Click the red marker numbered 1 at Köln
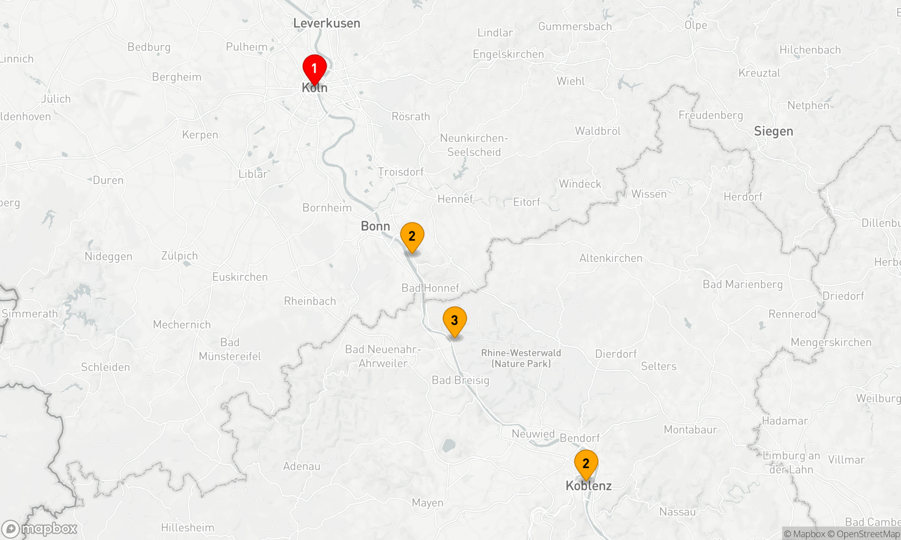314,69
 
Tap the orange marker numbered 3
455,321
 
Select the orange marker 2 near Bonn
412,236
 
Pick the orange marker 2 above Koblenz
586,463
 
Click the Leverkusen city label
327,23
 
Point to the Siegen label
774,131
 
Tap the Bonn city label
375,226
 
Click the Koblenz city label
589,486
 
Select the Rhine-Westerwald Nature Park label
521,358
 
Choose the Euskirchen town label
240,277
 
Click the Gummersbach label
575,27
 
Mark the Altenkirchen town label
611,258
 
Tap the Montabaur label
691,430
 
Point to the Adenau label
302,467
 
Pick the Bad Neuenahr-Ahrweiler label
383,356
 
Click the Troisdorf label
401,172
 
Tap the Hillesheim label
188,527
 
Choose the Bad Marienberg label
743,284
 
